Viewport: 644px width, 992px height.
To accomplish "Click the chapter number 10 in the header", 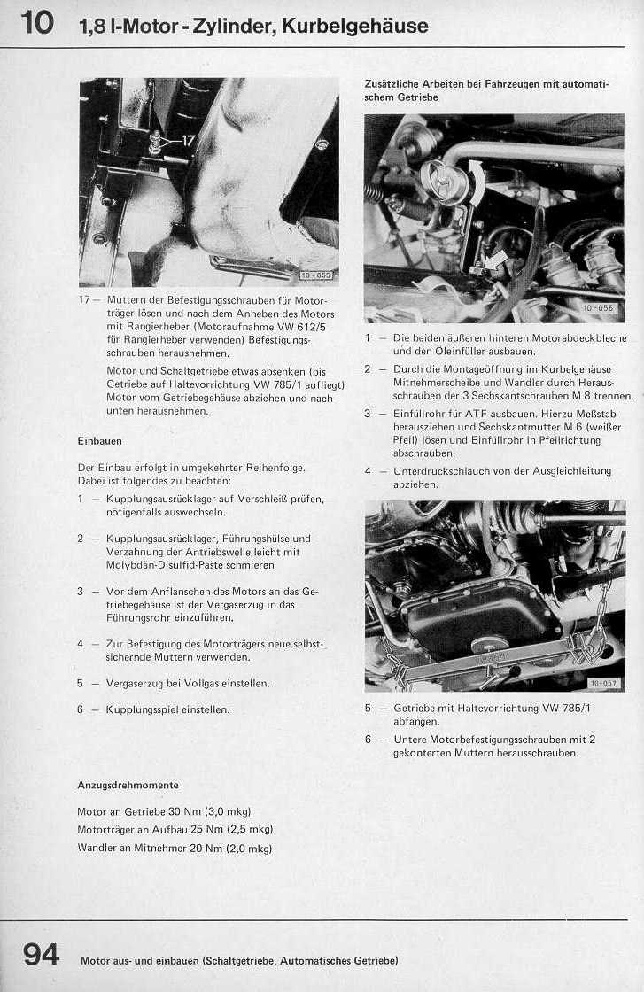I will (36, 22).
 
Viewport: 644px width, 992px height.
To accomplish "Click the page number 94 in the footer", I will (41, 955).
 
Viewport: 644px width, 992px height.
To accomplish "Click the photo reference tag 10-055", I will (314, 275).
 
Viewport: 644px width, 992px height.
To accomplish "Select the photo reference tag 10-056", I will (598, 308).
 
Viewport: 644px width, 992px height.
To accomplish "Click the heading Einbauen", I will (99, 440).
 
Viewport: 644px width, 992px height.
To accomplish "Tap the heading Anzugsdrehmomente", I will (128, 785).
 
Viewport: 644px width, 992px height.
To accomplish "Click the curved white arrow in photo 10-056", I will (476, 182).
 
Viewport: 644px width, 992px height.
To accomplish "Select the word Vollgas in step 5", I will (191, 684).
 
